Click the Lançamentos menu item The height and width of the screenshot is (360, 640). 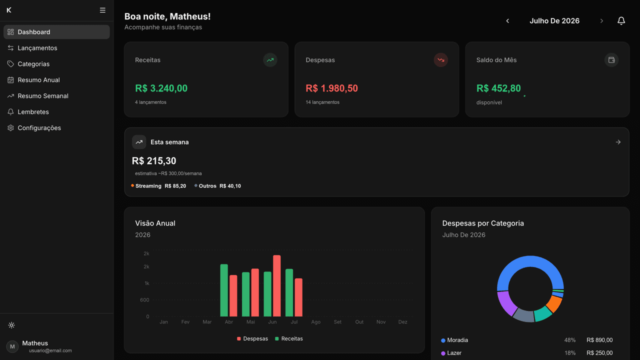(37, 48)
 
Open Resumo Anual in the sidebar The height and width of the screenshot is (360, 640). (38, 80)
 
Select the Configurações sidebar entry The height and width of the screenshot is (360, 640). (39, 128)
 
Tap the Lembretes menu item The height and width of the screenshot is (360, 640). (33, 112)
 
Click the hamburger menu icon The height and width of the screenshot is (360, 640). (102, 10)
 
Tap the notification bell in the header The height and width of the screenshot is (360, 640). (621, 21)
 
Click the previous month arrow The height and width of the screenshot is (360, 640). (507, 21)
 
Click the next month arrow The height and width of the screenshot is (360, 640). (601, 21)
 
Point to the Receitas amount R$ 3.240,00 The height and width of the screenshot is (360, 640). (161, 88)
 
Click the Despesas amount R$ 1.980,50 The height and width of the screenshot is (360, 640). (331, 88)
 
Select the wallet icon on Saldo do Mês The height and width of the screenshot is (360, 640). (611, 60)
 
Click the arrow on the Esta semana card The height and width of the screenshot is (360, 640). (618, 142)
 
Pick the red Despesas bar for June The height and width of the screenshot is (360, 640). (277, 285)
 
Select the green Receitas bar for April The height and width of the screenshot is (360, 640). (224, 290)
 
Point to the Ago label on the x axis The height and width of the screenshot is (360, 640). (315, 322)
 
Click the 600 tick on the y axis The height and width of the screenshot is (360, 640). (144, 300)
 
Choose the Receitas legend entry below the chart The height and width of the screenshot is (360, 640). (289, 339)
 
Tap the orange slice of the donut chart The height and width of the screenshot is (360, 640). (554, 304)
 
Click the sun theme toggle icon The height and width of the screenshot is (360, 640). (11, 325)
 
